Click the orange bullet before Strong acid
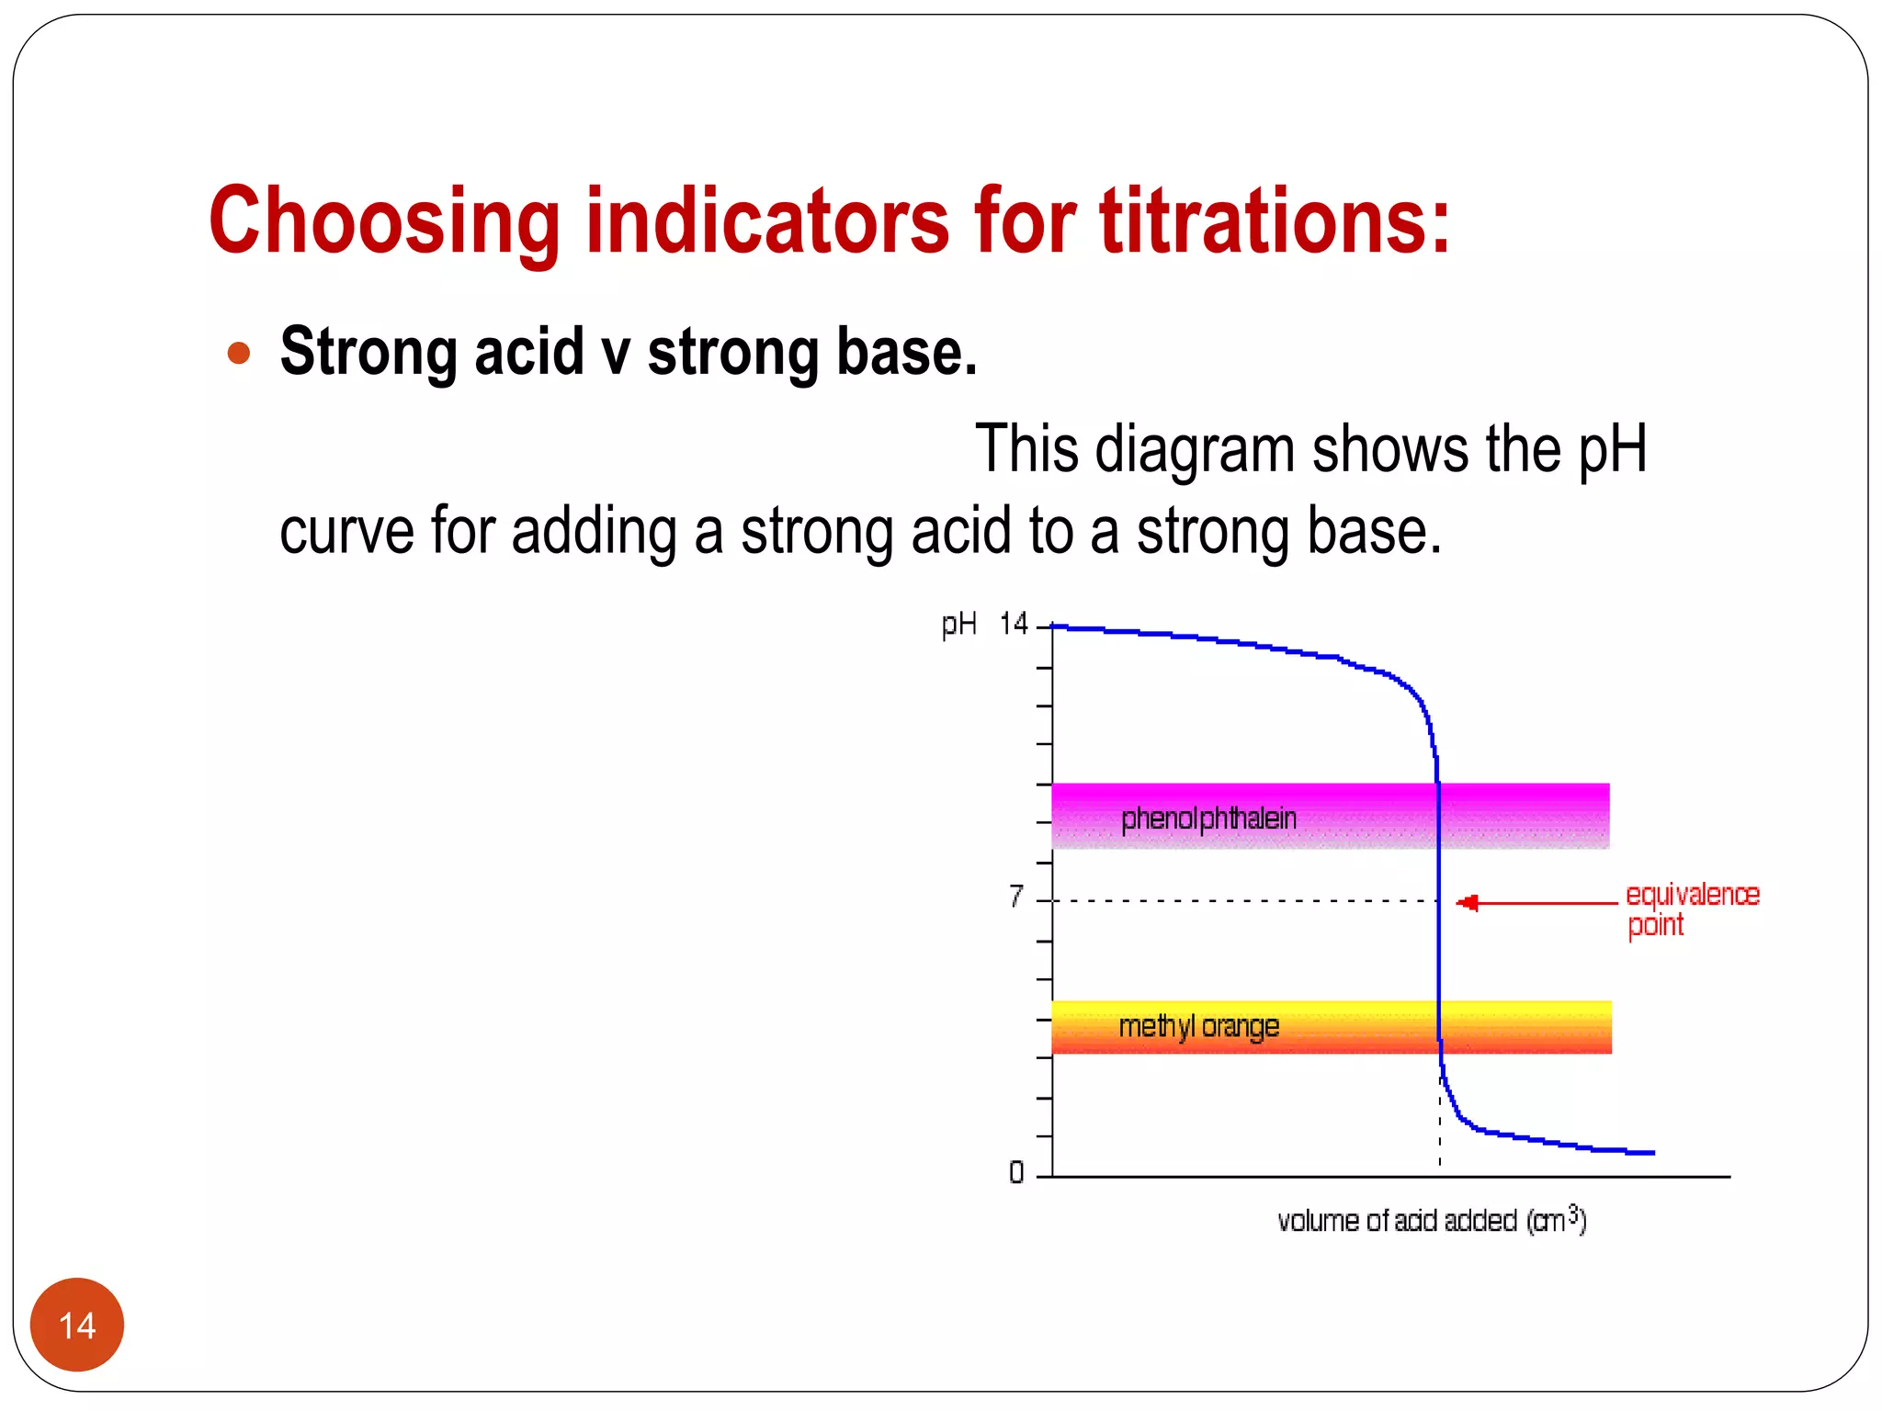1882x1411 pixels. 239,354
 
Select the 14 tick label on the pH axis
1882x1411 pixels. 1014,625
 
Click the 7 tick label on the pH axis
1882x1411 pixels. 1015,896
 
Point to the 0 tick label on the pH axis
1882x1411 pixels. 1016,1173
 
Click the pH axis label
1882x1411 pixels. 958,625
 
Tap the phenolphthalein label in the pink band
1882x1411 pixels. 1208,818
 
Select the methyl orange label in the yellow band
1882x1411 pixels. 1198,1026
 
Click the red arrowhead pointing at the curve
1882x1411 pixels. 1468,903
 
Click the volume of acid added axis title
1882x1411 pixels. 1431,1221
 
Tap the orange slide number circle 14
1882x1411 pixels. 77,1325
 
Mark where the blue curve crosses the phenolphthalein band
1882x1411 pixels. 1438,816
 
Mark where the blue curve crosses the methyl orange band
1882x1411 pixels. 1439,1027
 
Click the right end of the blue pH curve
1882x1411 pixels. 1651,1152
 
